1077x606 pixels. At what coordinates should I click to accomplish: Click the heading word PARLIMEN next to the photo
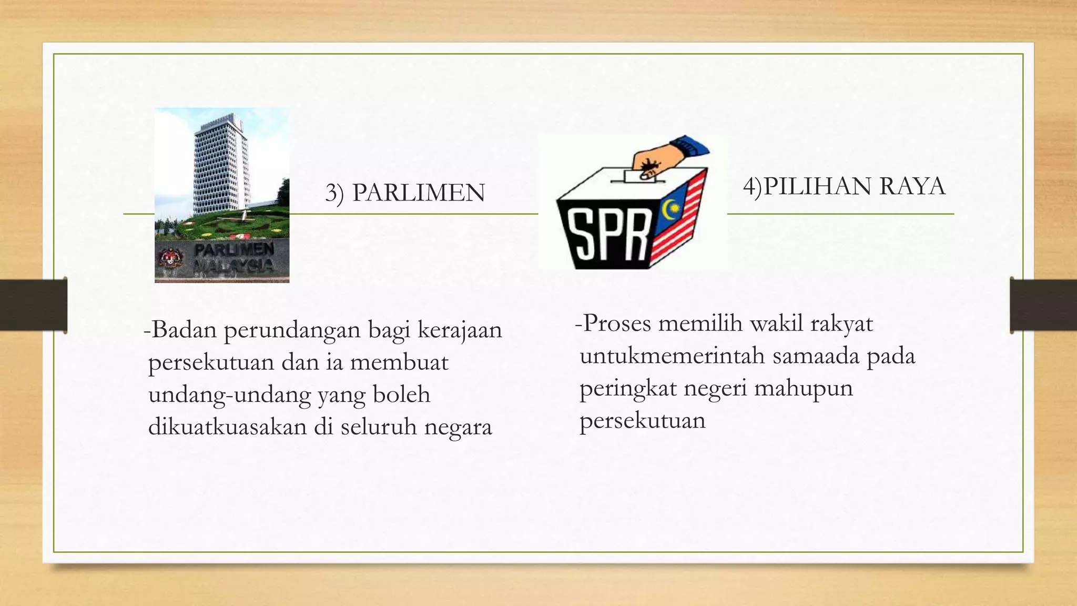tap(419, 193)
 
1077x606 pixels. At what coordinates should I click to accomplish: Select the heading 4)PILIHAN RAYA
tap(844, 187)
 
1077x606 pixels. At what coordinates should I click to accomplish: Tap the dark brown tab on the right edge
tap(1043, 305)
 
